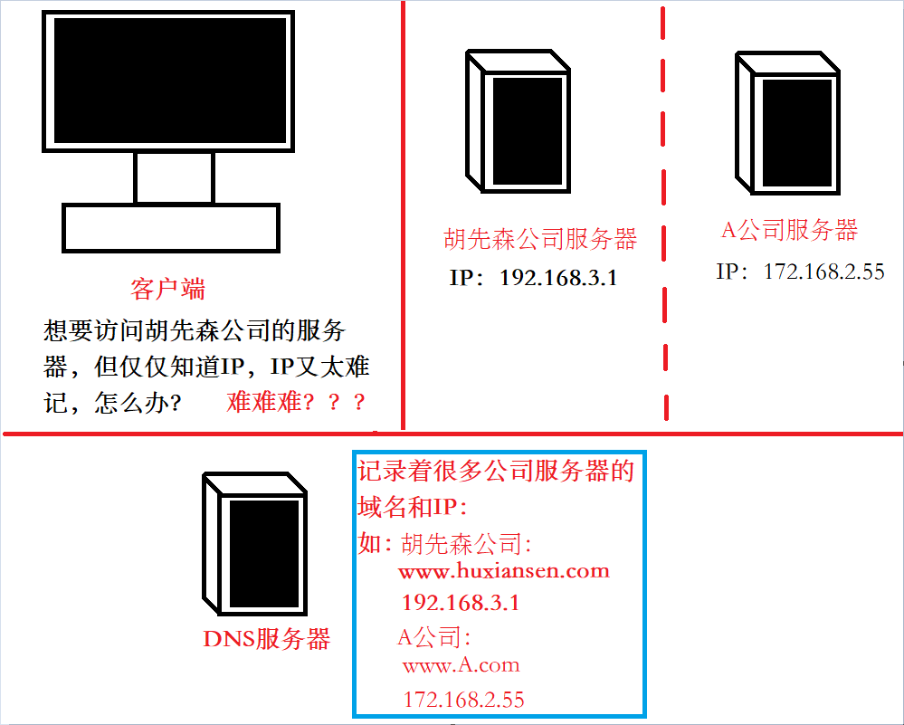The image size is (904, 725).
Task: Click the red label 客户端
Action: pos(167,289)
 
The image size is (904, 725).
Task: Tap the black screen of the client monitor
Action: pos(170,81)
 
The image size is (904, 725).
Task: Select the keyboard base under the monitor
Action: pos(171,228)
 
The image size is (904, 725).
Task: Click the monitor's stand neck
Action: pos(174,177)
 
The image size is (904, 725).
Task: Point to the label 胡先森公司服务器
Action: pos(540,239)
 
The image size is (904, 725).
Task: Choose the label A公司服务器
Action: pos(789,230)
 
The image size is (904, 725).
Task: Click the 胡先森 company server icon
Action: pos(518,121)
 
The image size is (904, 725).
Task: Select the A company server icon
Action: pos(787,123)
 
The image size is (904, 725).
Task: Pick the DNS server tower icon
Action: pos(254,544)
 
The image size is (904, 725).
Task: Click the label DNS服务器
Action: pos(266,639)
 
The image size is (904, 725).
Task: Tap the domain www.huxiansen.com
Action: pos(504,571)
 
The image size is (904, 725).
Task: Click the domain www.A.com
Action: pos(462,664)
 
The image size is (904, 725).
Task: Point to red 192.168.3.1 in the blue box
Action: pos(461,603)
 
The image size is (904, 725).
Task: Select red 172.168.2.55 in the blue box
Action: pos(463,700)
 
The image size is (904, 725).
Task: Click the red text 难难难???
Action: pos(296,402)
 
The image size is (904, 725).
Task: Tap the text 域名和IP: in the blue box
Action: pos(413,507)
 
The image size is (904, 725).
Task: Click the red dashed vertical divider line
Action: pos(664,214)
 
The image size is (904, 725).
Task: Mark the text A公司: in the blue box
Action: pos(434,637)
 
